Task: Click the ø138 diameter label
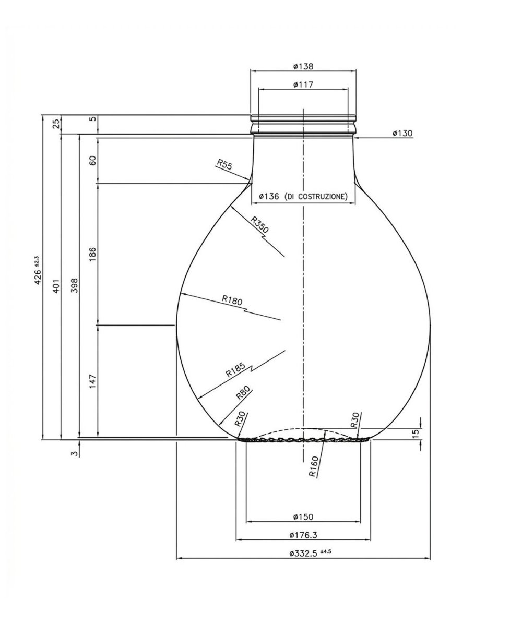coord(303,66)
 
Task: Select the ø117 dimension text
coord(303,85)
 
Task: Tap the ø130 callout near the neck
coord(402,133)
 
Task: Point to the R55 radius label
coord(224,164)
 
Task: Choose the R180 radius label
coord(232,300)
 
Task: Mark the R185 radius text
coord(235,370)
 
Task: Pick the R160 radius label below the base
coord(314,466)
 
